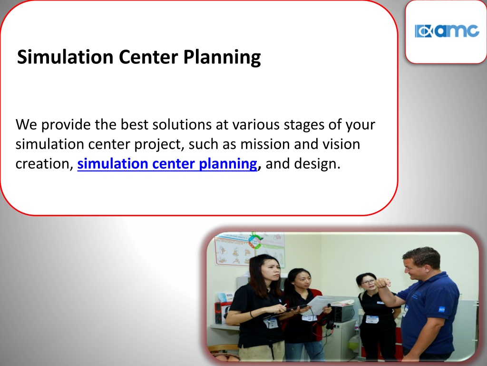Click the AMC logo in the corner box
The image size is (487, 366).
tap(447, 31)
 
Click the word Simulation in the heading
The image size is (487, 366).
tap(65, 57)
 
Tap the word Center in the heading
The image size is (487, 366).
tap(148, 57)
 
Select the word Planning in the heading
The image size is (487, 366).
tap(222, 58)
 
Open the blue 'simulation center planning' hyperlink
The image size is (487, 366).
tap(167, 163)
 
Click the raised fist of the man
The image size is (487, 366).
tap(382, 283)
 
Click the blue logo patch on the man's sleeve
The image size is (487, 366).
tap(442, 309)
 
